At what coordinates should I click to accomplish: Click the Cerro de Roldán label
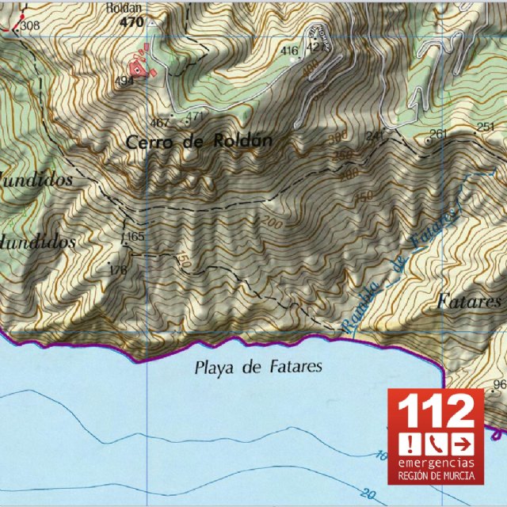tap(200, 142)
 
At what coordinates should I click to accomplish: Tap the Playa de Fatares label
tap(258, 367)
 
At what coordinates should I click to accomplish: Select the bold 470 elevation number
tap(132, 23)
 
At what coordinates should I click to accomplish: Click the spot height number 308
tap(30, 26)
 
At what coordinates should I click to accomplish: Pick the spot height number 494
tap(124, 81)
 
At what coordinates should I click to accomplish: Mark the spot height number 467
tap(160, 123)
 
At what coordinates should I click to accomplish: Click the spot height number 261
tap(439, 132)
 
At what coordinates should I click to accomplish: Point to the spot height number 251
tap(486, 127)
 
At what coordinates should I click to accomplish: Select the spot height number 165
tap(135, 237)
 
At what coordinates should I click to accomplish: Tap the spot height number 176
tap(118, 271)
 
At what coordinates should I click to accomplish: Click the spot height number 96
tap(499, 385)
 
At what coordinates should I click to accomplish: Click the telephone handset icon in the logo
tap(436, 442)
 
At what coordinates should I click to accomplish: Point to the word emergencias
tap(436, 462)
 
